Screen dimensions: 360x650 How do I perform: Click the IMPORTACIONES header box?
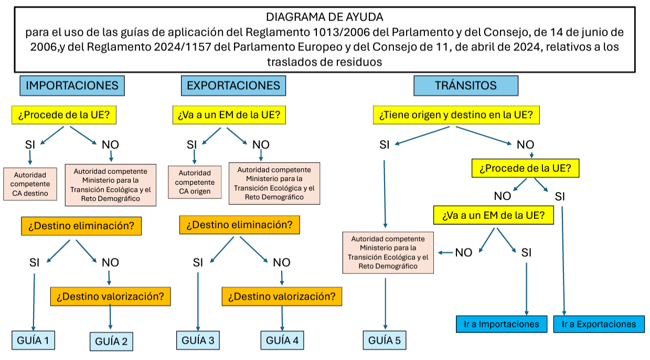pos(72,86)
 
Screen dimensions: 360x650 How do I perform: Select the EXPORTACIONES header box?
pos(233,86)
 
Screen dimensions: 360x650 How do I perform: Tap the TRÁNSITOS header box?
pos(465,86)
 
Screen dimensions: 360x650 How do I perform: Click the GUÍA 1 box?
pos(34,340)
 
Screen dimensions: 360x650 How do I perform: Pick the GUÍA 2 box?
pos(111,342)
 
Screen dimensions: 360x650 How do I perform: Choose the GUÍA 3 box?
pos(198,340)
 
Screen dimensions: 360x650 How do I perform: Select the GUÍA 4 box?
pos(282,340)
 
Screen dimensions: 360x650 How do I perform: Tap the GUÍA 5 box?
pos(385,340)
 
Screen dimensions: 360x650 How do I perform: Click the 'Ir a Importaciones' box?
pos(502,324)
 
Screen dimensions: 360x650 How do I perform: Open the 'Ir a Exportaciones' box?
pos(599,324)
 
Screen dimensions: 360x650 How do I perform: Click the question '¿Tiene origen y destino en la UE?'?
pos(456,115)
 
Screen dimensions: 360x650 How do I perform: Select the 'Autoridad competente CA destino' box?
pos(30,184)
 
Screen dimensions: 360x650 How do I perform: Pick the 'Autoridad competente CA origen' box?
pos(195,182)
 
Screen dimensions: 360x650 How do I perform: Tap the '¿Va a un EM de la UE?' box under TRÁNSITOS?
pos(493,215)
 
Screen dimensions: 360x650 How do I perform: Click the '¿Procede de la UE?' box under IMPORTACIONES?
pos(64,115)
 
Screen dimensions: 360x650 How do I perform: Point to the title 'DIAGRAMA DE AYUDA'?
pos(325,17)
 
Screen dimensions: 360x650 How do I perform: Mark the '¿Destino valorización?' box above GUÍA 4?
pos(282,296)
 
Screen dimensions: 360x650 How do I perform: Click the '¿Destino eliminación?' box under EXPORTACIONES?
pos(239,225)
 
